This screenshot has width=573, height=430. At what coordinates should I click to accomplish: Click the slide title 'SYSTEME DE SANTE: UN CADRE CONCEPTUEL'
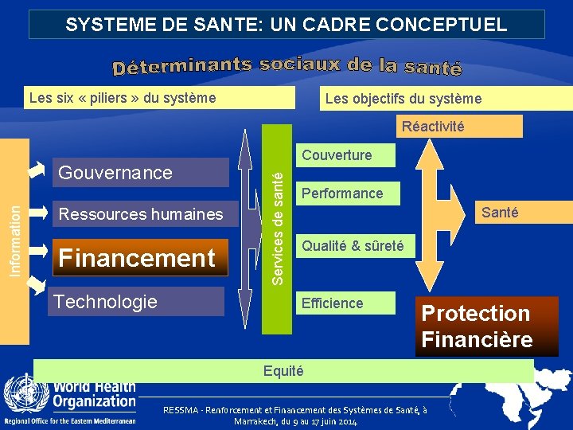click(x=286, y=25)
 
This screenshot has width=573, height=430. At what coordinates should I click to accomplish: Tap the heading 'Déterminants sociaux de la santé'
click(x=286, y=67)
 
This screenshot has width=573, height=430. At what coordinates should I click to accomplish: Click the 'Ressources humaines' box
click(x=141, y=214)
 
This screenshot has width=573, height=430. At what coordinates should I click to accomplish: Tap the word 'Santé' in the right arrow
click(x=500, y=213)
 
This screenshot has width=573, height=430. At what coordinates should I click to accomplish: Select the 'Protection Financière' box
click(x=477, y=326)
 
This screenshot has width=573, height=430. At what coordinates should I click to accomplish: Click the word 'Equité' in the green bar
click(x=283, y=371)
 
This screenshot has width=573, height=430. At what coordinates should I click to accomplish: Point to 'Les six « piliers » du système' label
click(x=122, y=99)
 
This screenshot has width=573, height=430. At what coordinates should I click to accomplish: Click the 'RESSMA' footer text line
click(x=294, y=409)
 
